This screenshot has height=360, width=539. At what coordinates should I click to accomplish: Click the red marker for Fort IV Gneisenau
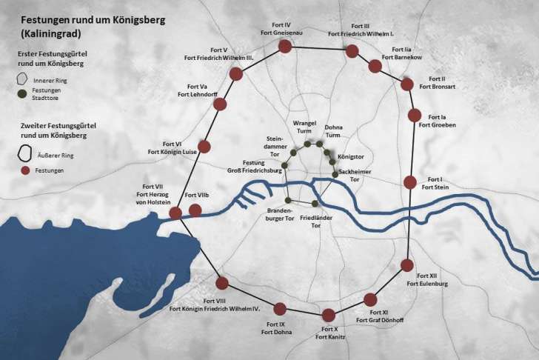pyautogui.click(x=284, y=47)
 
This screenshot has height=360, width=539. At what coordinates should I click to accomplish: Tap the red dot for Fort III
pyautogui.click(x=352, y=51)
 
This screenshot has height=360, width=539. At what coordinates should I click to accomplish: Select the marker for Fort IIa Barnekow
pyautogui.click(x=375, y=66)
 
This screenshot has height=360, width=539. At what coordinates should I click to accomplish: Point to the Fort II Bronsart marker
pyautogui.click(x=406, y=84)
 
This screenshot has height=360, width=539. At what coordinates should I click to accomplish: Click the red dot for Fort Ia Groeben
pyautogui.click(x=415, y=116)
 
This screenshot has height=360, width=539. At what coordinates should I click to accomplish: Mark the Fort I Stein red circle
pyautogui.click(x=410, y=181)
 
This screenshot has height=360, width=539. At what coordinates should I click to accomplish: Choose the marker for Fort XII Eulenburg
pyautogui.click(x=406, y=265)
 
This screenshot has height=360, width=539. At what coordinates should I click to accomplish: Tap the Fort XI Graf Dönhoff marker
pyautogui.click(x=371, y=300)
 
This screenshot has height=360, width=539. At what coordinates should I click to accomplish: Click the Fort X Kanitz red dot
pyautogui.click(x=328, y=315)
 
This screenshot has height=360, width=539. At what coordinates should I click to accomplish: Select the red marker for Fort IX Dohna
pyautogui.click(x=280, y=309)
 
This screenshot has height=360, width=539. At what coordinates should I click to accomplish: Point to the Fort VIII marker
pyautogui.click(x=221, y=281)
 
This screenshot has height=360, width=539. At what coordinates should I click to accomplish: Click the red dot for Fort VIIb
pyautogui.click(x=195, y=210)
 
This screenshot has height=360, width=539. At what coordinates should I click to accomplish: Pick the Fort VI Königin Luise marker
pyautogui.click(x=204, y=147)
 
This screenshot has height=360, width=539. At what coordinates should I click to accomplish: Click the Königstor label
pyautogui.click(x=350, y=157)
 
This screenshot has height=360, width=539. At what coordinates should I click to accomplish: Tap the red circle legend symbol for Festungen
pyautogui.click(x=25, y=170)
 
